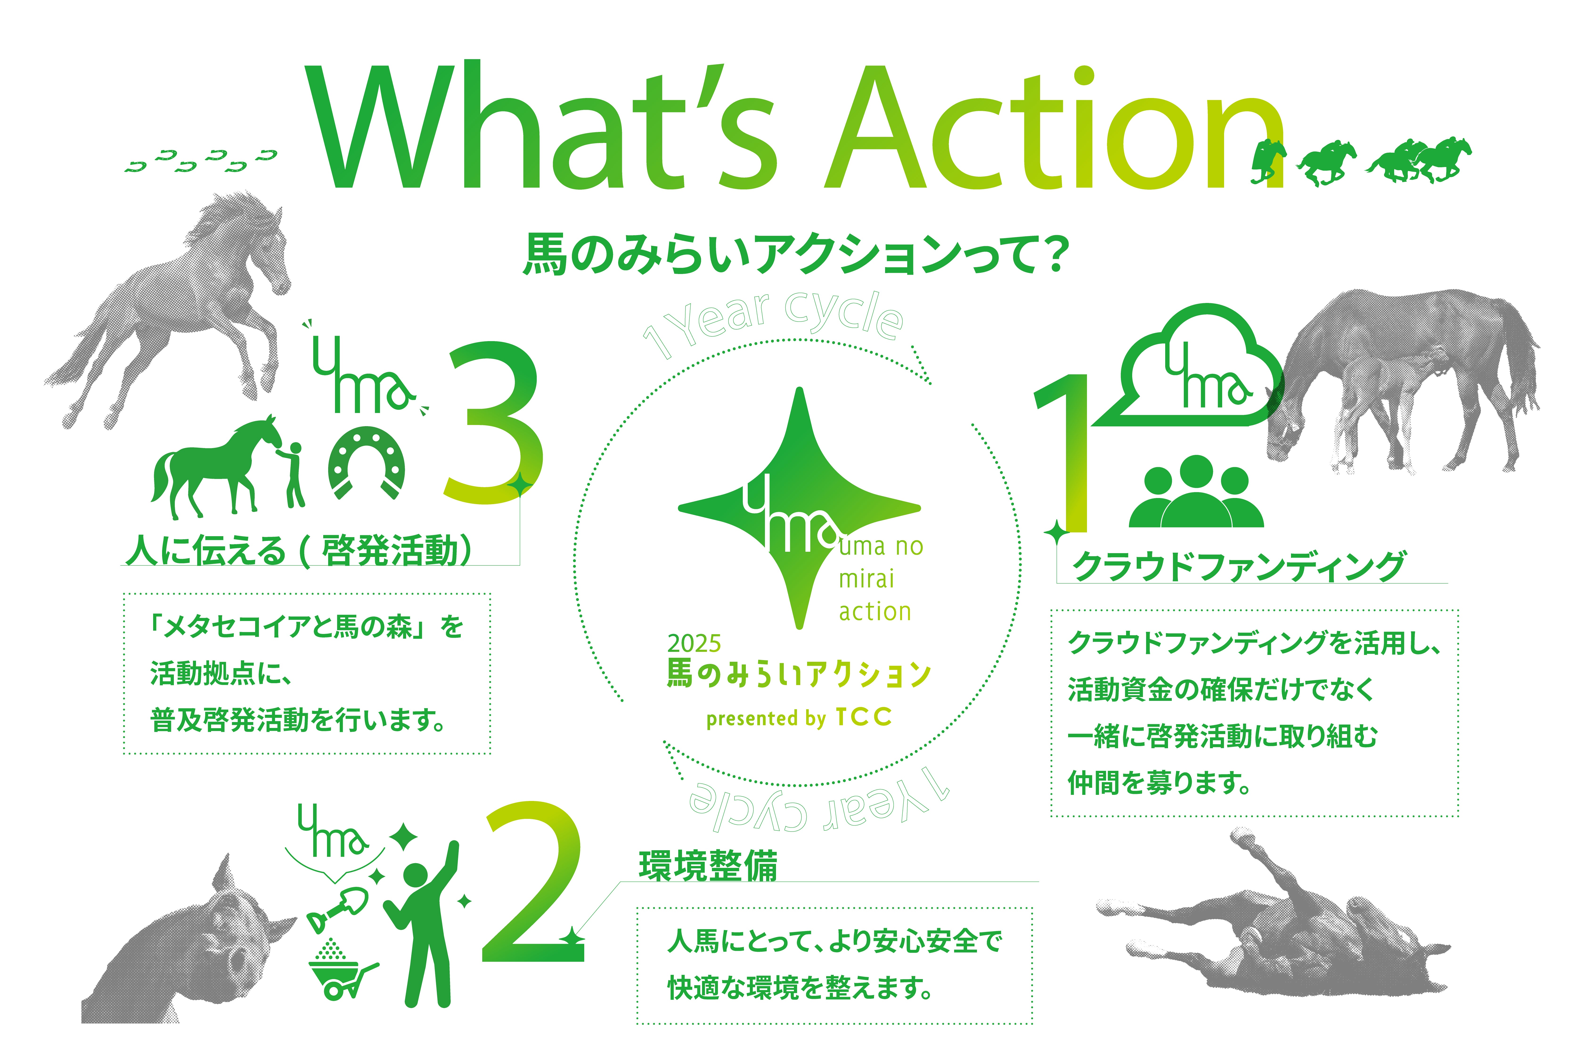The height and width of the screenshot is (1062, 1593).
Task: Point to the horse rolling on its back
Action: (1273, 928)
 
